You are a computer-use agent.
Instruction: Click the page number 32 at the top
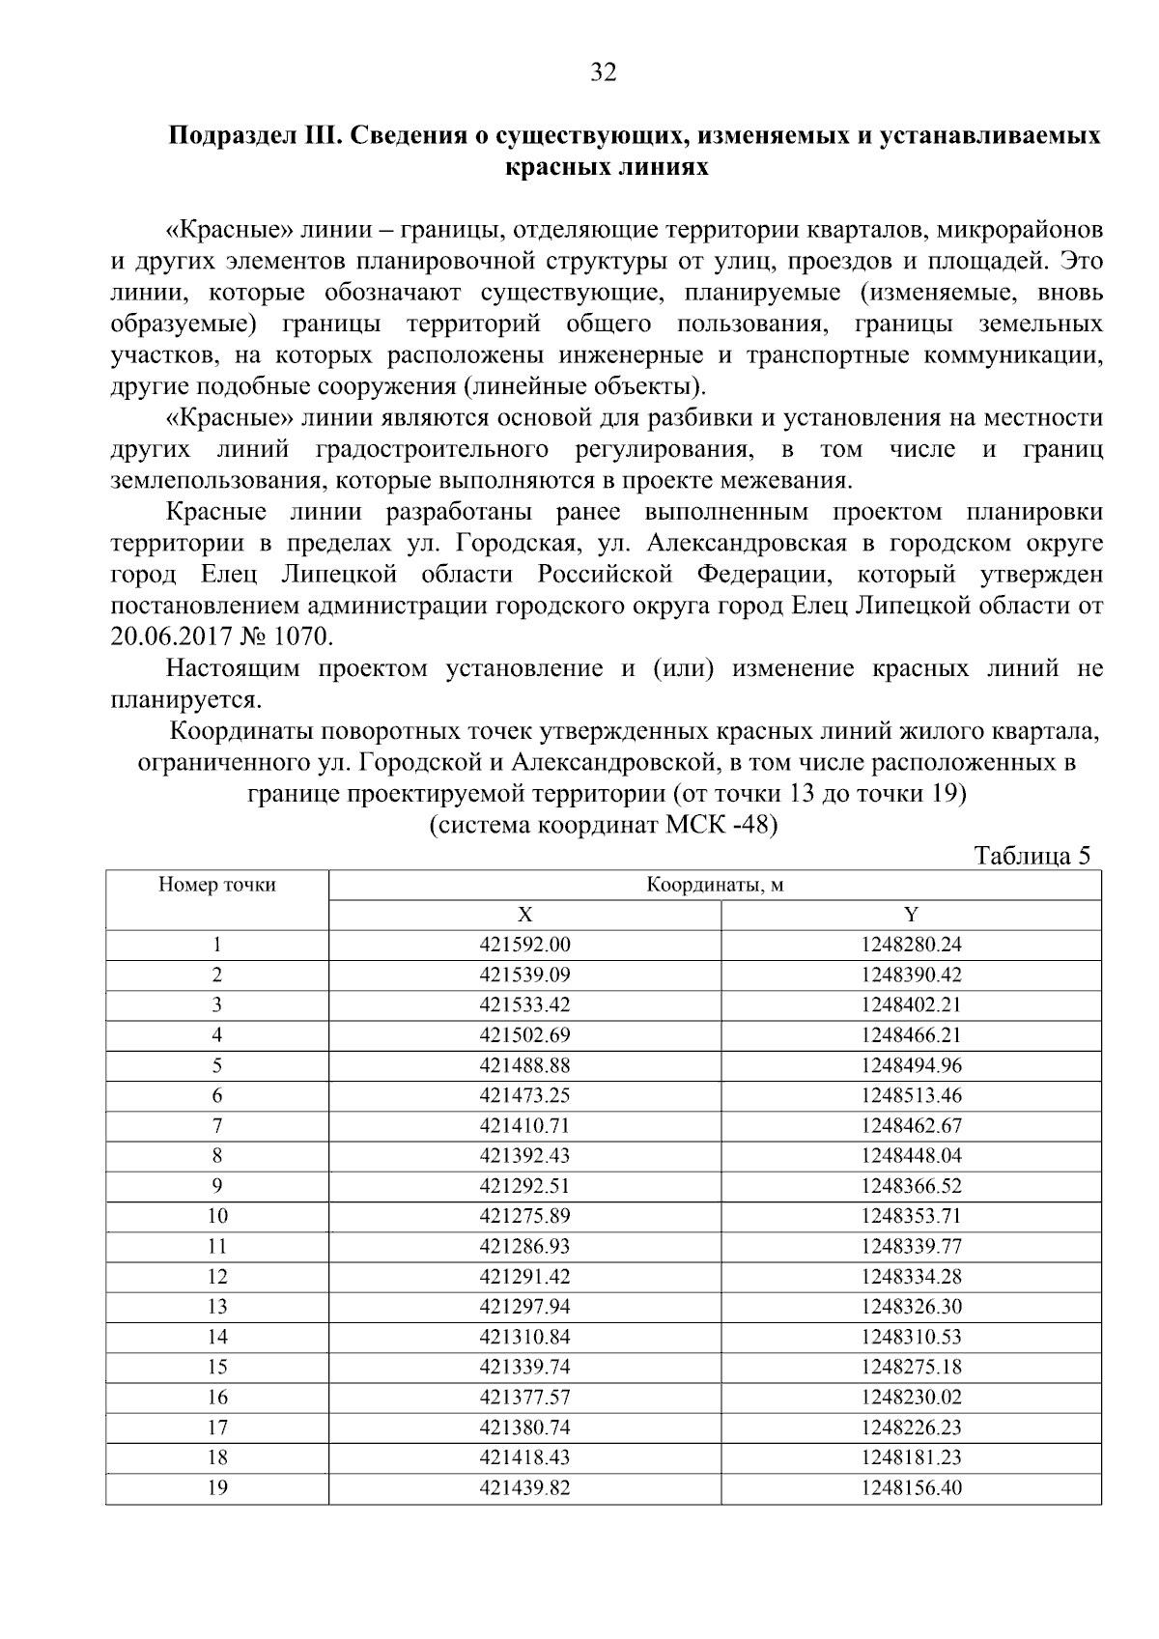[603, 72]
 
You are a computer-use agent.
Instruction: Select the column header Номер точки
[217, 885]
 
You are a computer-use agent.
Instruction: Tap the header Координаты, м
[715, 885]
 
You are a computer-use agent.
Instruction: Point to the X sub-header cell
[524, 915]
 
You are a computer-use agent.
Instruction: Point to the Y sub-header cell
[911, 915]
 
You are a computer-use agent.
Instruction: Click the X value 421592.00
[524, 946]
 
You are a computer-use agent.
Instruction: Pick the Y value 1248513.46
[911, 1096]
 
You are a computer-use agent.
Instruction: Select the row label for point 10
[217, 1216]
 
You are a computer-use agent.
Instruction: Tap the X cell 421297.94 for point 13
[524, 1307]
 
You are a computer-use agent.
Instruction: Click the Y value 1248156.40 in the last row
[911, 1488]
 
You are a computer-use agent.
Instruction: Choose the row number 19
[217, 1488]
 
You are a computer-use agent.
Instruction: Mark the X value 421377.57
[524, 1398]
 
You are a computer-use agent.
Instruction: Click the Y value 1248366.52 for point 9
[911, 1186]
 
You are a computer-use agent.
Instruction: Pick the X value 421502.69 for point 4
[524, 1035]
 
